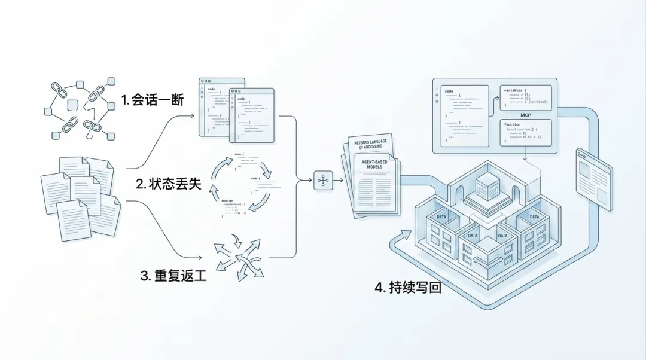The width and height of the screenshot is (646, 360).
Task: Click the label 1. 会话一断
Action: point(152,100)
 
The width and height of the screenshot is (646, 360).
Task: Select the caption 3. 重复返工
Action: point(173,276)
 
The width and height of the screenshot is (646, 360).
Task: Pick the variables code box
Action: point(526,97)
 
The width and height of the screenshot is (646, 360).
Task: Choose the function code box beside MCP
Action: point(526,132)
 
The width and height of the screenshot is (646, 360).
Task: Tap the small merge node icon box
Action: point(323,180)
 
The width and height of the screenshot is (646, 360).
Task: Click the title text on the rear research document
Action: point(369,144)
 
